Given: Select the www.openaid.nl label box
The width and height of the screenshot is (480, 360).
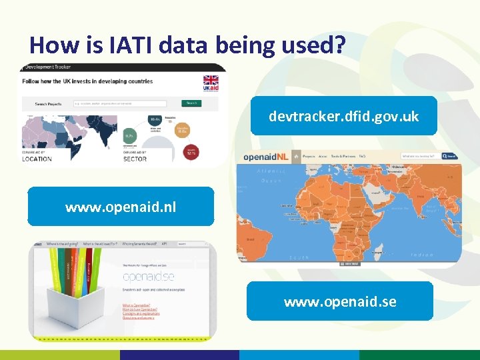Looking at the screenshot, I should (x=121, y=207).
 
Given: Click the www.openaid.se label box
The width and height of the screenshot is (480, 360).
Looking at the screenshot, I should (x=340, y=301).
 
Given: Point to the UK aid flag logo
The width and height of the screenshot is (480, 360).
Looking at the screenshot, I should (x=210, y=85).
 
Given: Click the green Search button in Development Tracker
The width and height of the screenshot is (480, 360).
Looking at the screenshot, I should (x=191, y=103).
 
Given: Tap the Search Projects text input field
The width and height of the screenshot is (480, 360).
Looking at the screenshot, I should (x=127, y=103).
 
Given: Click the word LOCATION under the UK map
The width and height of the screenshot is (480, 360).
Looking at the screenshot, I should (x=37, y=159).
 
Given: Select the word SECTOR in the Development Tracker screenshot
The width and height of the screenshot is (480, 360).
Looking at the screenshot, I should (x=135, y=159).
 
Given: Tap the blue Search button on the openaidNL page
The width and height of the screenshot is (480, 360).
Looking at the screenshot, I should (x=451, y=157).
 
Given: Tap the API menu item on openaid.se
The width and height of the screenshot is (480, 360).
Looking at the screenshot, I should (x=164, y=244).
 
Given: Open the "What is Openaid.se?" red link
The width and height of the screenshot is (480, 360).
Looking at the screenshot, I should (x=136, y=305).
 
